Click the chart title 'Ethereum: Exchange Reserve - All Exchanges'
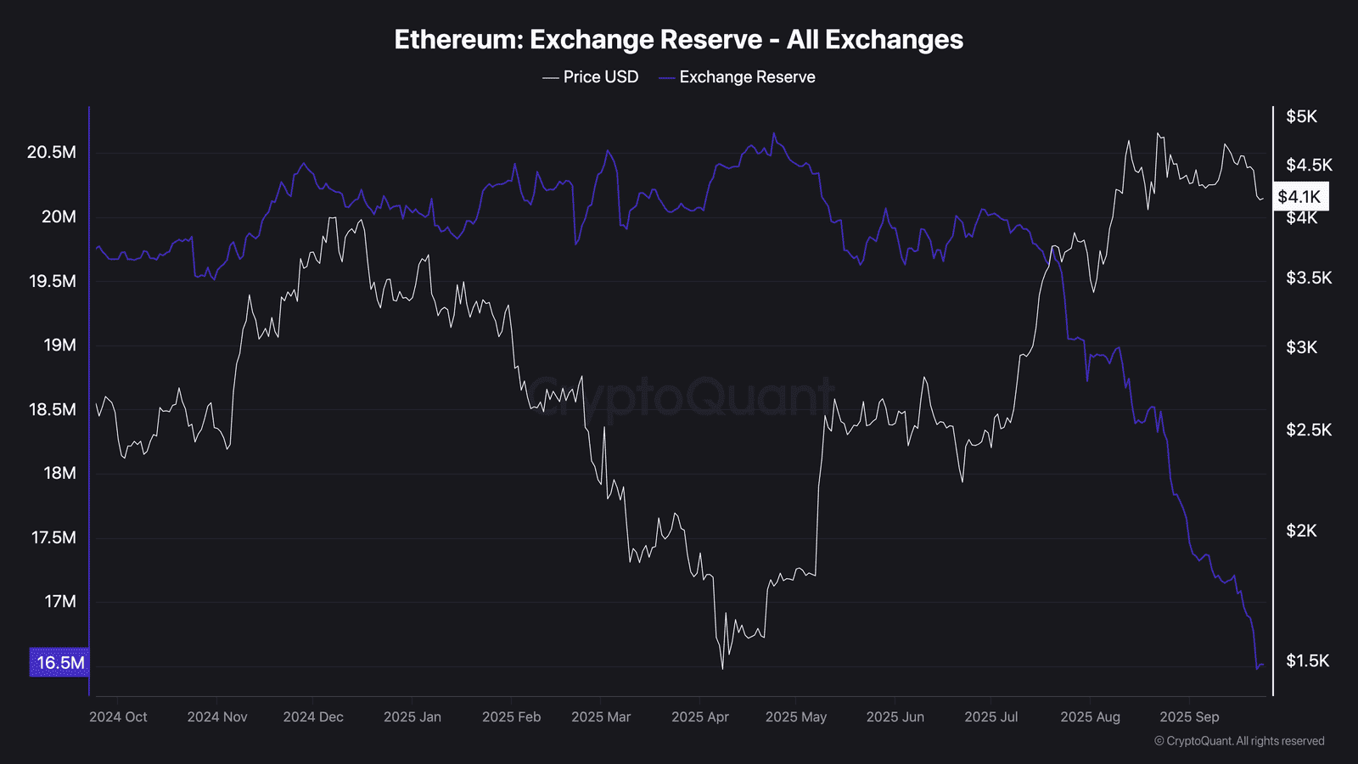tap(678, 40)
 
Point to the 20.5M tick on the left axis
tap(52, 153)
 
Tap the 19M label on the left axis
tap(59, 345)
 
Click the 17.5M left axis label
tap(53, 537)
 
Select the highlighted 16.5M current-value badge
tap(59, 663)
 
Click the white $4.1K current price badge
tap(1299, 197)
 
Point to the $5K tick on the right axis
tap(1301, 116)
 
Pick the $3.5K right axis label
tap(1309, 278)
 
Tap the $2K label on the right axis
tap(1301, 531)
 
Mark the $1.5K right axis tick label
tap(1307, 660)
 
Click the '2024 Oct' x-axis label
tap(118, 717)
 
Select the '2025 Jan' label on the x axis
tap(412, 717)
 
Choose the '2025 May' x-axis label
tap(795, 717)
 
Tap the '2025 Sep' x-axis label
tap(1189, 717)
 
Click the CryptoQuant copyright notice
tap(1239, 741)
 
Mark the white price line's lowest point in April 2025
tap(722, 669)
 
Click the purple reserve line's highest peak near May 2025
tap(773, 133)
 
